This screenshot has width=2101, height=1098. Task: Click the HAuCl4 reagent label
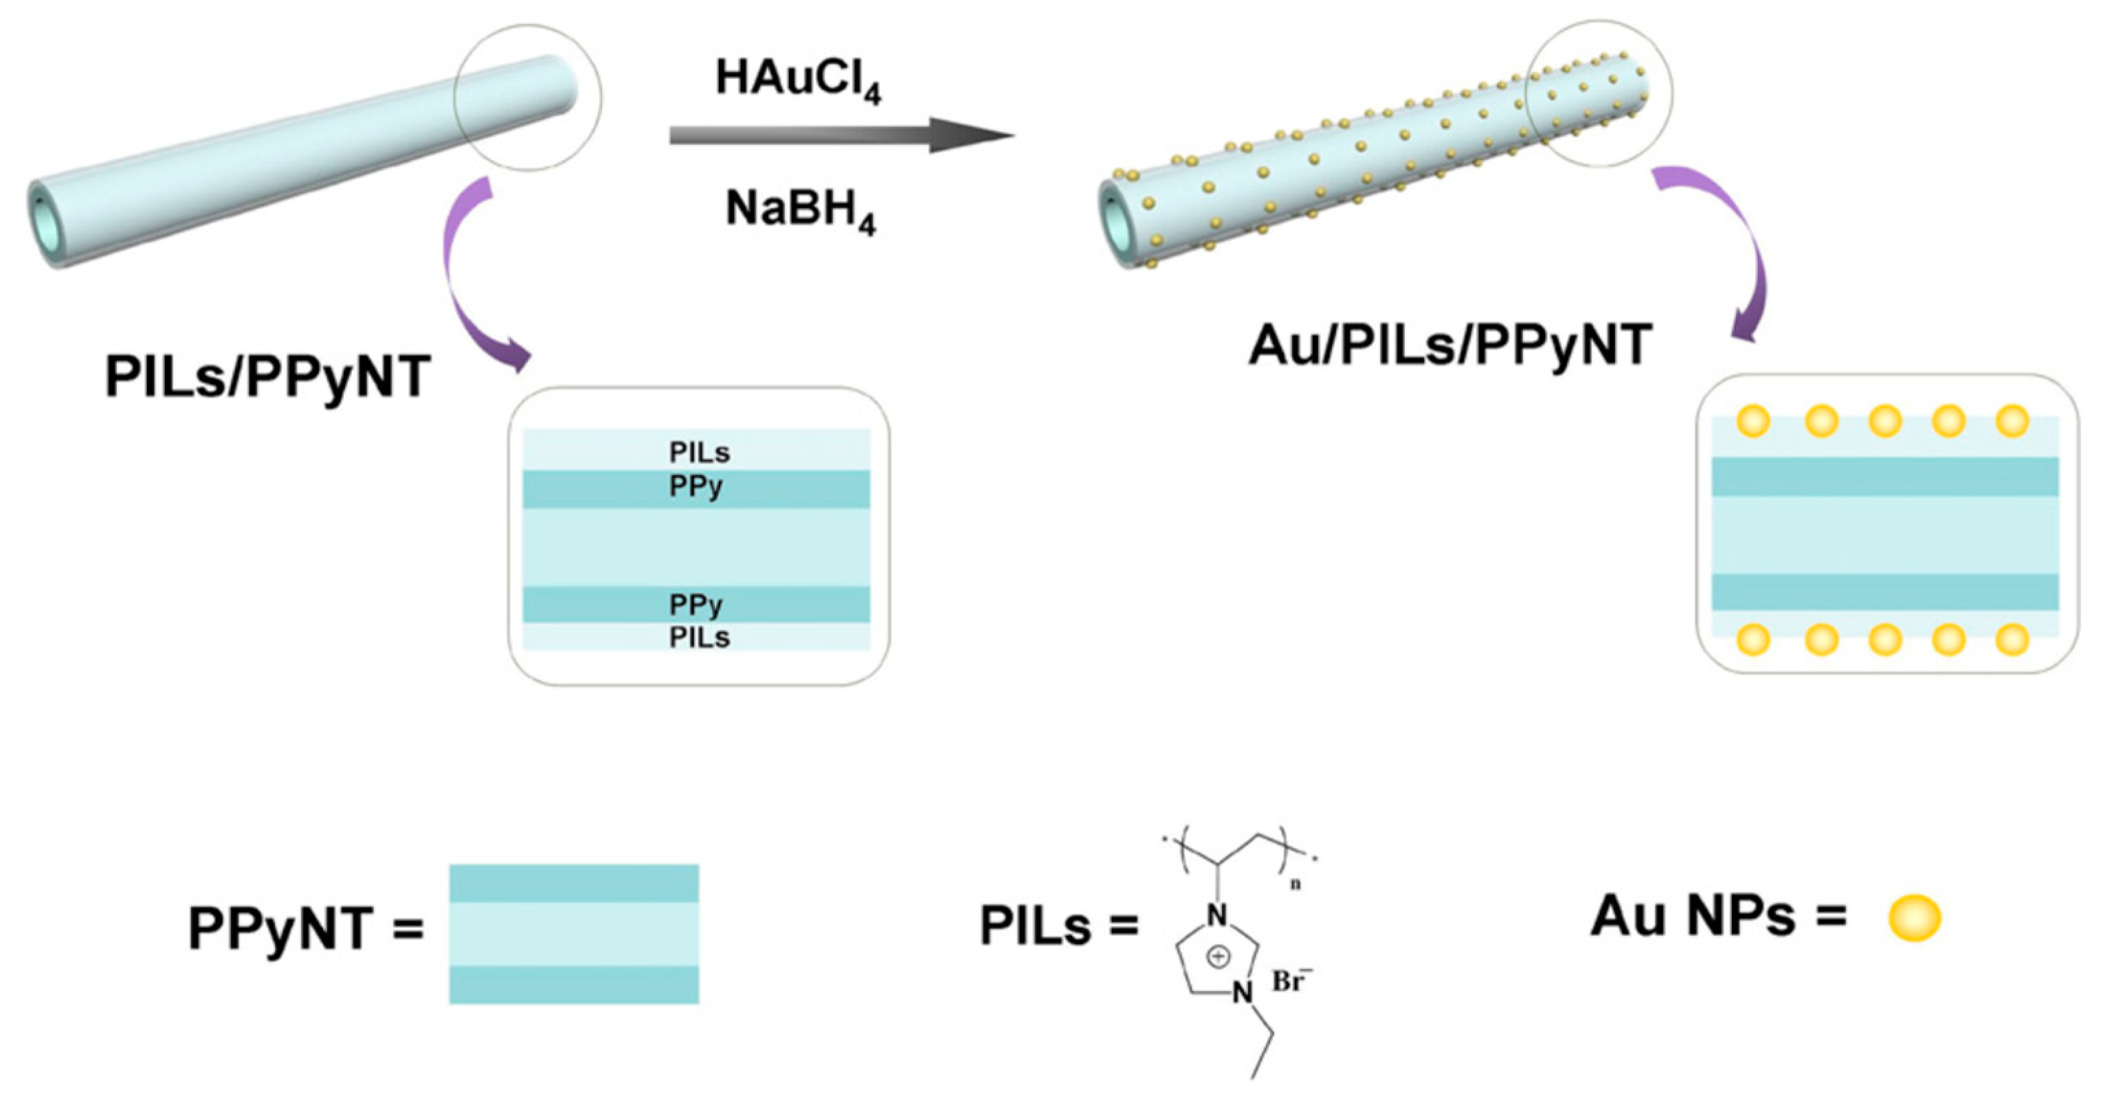click(x=798, y=80)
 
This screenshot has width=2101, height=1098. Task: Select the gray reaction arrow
click(x=840, y=135)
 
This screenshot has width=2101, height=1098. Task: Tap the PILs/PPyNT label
click(x=267, y=378)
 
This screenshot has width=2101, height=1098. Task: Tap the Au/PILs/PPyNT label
click(x=1450, y=345)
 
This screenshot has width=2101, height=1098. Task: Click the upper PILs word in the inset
click(x=699, y=452)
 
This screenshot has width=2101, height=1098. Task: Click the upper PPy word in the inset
click(x=696, y=488)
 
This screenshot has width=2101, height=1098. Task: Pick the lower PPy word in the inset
click(x=696, y=605)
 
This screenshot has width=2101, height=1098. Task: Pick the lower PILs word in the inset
click(x=699, y=637)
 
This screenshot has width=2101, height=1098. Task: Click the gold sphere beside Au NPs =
click(x=1914, y=918)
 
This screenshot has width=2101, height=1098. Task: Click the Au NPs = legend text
click(x=1718, y=916)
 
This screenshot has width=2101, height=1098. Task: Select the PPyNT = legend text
click(x=305, y=929)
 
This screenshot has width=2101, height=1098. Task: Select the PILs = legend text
click(x=1058, y=927)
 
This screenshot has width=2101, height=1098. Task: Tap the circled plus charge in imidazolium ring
click(x=1218, y=955)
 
